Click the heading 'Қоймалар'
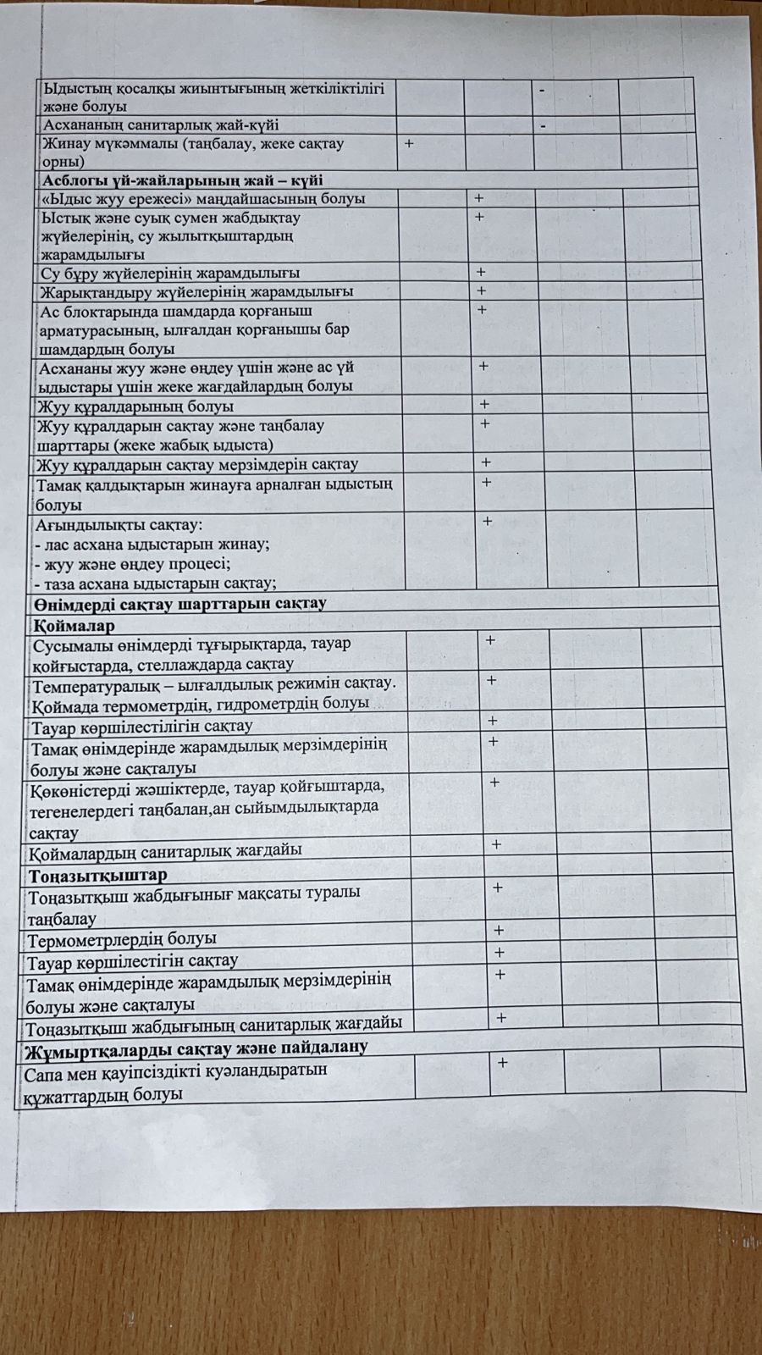pyautogui.click(x=74, y=625)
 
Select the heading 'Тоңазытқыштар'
pyautogui.click(x=97, y=875)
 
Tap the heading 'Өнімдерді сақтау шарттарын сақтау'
pyautogui.click(x=180, y=604)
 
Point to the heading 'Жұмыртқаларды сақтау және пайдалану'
pyautogui.click(x=196, y=1048)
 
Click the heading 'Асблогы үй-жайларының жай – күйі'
pyautogui.click(x=182, y=180)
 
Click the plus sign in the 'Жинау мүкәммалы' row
pyautogui.click(x=409, y=144)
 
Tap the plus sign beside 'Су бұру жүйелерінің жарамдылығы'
pyautogui.click(x=481, y=272)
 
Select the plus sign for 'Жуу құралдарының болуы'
pyautogui.click(x=485, y=404)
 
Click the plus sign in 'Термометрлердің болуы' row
pyautogui.click(x=499, y=931)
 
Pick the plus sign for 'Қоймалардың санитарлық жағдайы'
pyautogui.click(x=496, y=843)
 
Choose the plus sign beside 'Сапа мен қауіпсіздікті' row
pyautogui.click(x=502, y=1062)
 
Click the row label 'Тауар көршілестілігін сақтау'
pyautogui.click(x=141, y=726)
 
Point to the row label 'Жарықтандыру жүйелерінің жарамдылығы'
pyautogui.click(x=196, y=291)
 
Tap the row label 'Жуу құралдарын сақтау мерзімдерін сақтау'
pyautogui.click(x=196, y=464)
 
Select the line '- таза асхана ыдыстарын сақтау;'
pyautogui.click(x=155, y=583)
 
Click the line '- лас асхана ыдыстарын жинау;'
pyautogui.click(x=152, y=544)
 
